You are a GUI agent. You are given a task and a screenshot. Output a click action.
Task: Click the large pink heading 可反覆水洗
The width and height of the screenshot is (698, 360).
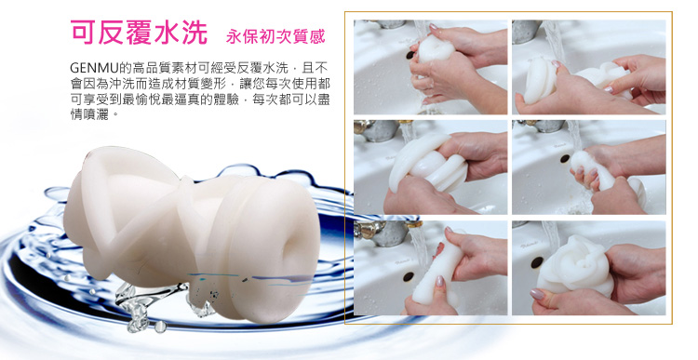click(x=139, y=32)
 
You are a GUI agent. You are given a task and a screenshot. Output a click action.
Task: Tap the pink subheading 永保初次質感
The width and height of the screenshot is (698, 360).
click(x=276, y=36)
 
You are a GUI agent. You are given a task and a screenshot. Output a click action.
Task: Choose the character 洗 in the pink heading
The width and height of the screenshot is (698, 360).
click(x=195, y=32)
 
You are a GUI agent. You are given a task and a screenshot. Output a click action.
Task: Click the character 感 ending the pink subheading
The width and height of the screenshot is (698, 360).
click(x=318, y=36)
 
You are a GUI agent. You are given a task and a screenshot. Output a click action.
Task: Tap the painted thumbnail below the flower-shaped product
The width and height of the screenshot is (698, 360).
click(x=537, y=294)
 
